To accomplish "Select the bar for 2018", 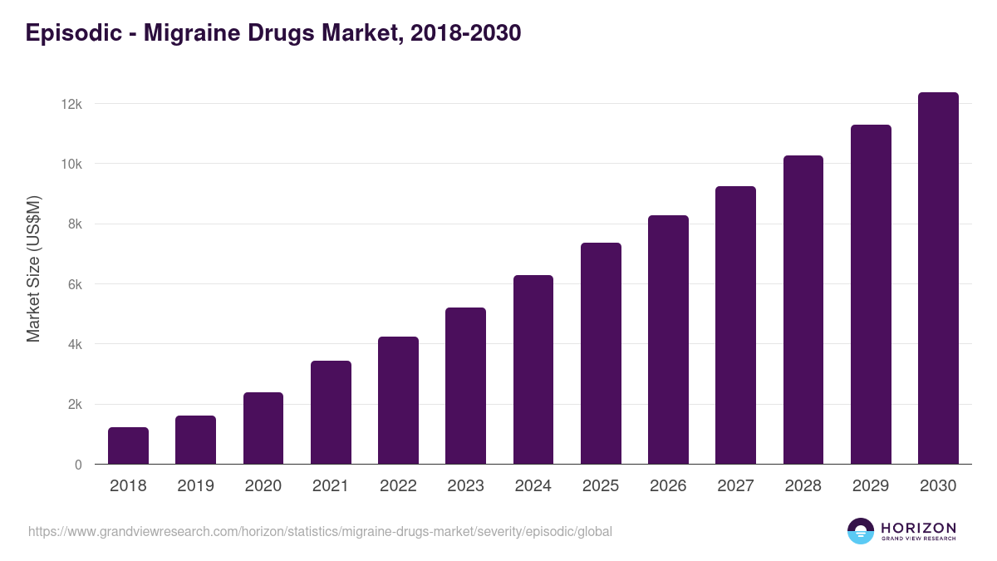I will pos(128,445).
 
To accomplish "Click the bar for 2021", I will pos(331,412).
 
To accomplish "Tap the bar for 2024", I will pos(533,369).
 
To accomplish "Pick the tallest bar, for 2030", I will pos(938,278).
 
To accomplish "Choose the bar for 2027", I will pos(735,325).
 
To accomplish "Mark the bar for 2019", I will pos(195,440).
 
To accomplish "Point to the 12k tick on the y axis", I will pos(71,104).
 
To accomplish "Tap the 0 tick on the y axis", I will pos(78,465).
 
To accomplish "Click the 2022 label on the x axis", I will pos(398,486).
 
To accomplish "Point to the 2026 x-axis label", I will pos(668,486).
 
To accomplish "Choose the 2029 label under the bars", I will pos(871,486).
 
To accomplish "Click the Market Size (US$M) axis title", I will pos(33,268).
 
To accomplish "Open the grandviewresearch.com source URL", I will pos(320,531).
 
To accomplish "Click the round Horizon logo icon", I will pos(861,531).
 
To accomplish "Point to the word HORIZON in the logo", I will pos(919,528).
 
